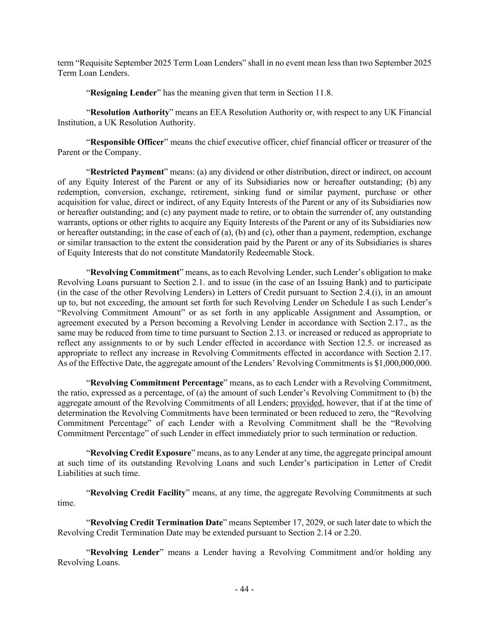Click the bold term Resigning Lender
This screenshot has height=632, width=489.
pos(123,93)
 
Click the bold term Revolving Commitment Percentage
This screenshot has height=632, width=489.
pos(157,383)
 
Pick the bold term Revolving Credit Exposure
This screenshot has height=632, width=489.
pos(140,453)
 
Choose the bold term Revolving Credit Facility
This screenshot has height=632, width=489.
pos(138,493)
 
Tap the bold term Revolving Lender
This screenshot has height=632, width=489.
pos(124,552)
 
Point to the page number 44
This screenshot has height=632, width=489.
pos(244,589)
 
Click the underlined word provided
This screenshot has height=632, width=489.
pos(306,403)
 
